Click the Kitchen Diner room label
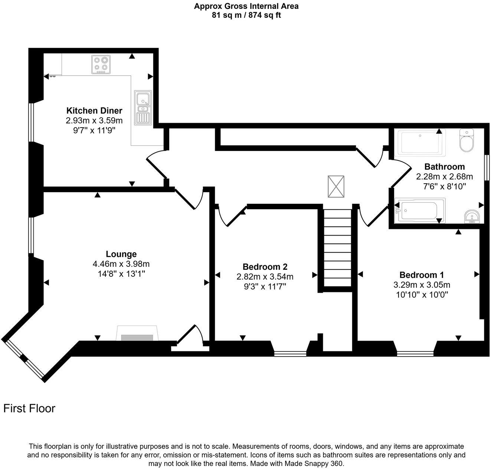click(94, 111)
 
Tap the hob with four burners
click(101, 64)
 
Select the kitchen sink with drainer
click(143, 107)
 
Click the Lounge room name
click(121, 254)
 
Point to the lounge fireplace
click(137, 334)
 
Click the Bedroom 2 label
click(265, 267)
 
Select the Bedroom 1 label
click(422, 275)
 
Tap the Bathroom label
click(444, 167)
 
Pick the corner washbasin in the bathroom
click(472, 216)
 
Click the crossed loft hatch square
click(336, 186)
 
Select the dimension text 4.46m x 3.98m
click(121, 264)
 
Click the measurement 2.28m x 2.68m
click(444, 176)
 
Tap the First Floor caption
click(29, 409)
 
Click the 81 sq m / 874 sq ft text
click(246, 15)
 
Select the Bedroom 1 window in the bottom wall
click(415, 354)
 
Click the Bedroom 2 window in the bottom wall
click(290, 354)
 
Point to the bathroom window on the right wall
click(487, 168)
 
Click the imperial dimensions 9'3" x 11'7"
click(265, 286)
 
